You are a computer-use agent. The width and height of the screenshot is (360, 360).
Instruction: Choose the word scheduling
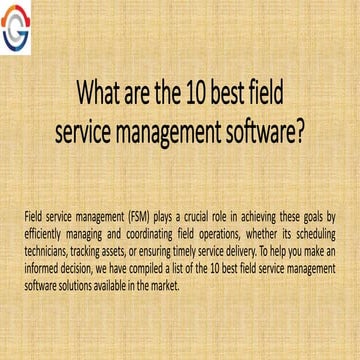pyautogui.click(x=313, y=229)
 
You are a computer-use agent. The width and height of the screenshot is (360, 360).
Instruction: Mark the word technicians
pyautogui.click(x=46, y=243)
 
